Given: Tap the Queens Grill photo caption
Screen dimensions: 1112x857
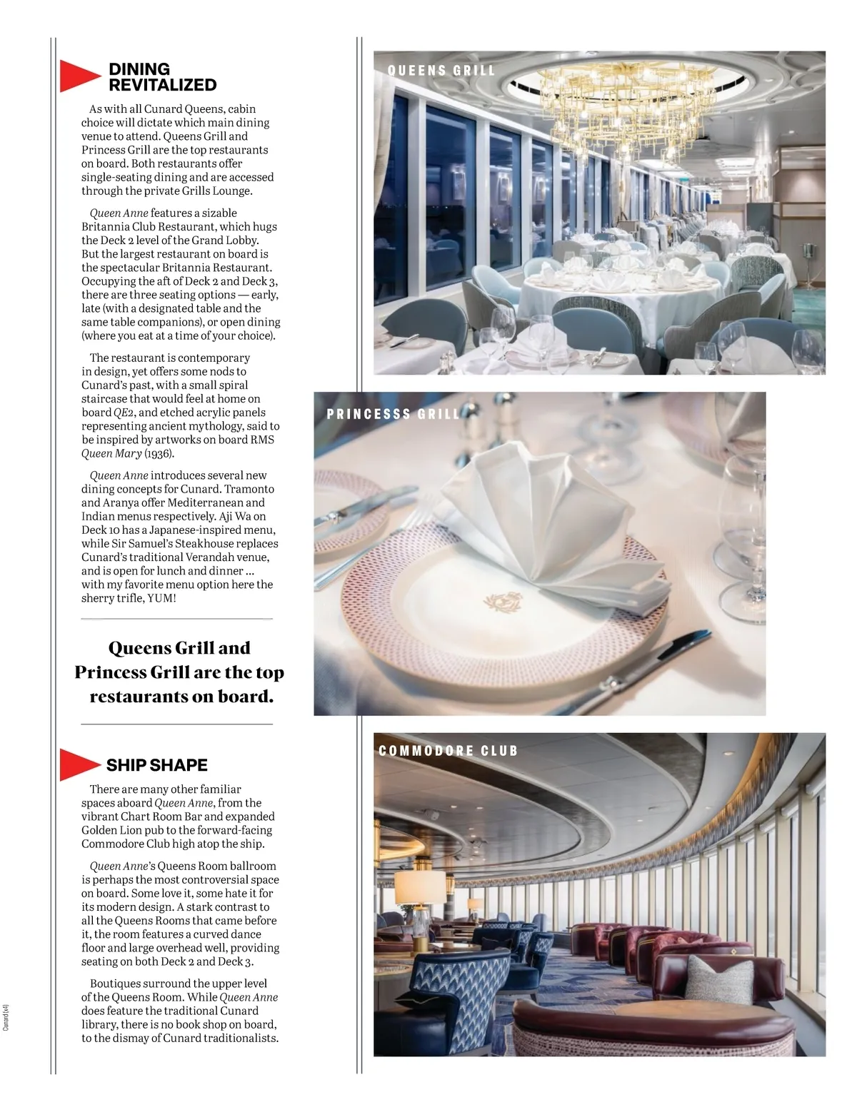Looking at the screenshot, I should [441, 71].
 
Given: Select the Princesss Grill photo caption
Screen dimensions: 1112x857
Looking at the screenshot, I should [394, 414].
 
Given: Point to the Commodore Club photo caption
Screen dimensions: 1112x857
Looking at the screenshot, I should [448, 751].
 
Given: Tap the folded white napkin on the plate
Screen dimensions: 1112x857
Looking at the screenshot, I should [543, 528].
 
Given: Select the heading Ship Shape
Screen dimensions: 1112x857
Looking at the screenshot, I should [156, 765].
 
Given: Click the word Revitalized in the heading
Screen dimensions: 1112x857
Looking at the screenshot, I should [162, 85].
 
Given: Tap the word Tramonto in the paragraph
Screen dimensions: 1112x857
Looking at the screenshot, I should [249, 489].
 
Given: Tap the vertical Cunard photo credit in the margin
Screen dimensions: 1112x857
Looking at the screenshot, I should [6, 1017].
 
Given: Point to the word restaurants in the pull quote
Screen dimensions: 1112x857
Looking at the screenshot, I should [134, 697].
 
